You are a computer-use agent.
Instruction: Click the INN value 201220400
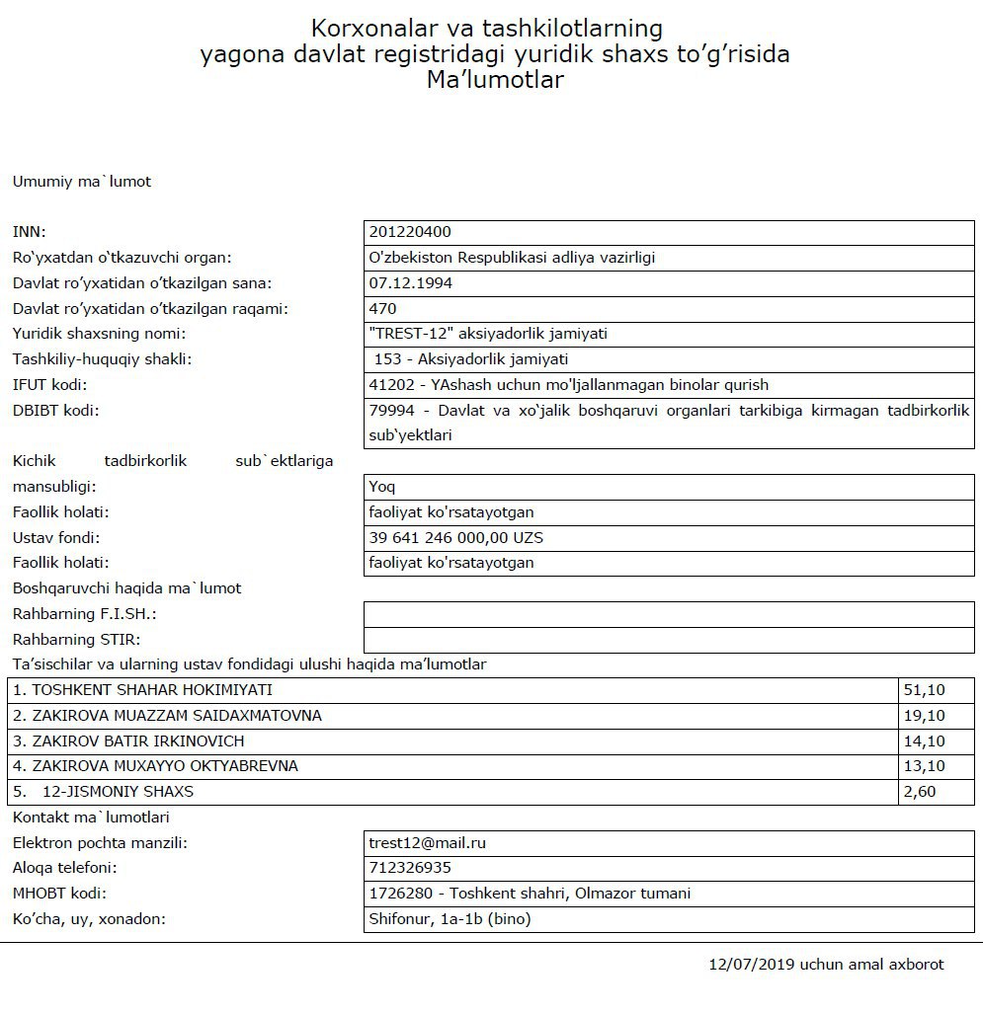[x=410, y=232]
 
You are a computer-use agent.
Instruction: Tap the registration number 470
[x=382, y=309]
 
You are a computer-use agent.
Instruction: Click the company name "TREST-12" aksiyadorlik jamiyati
[x=488, y=334]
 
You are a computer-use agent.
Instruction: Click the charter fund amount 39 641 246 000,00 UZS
[x=455, y=538]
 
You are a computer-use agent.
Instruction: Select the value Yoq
[x=382, y=487]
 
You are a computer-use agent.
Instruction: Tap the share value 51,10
[x=924, y=690]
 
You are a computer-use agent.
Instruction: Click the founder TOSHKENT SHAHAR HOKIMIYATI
[x=142, y=690]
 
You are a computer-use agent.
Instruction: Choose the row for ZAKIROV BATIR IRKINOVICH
[x=128, y=741]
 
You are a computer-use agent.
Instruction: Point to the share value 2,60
[x=919, y=792]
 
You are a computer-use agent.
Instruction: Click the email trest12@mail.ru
[x=428, y=843]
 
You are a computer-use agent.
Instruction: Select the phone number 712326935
[x=410, y=868]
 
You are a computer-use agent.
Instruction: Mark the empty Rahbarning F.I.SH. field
[x=669, y=614]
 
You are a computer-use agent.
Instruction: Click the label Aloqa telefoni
[x=64, y=868]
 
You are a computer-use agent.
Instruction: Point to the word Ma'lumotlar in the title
[x=495, y=81]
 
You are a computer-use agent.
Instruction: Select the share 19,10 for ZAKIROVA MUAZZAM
[x=924, y=716]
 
